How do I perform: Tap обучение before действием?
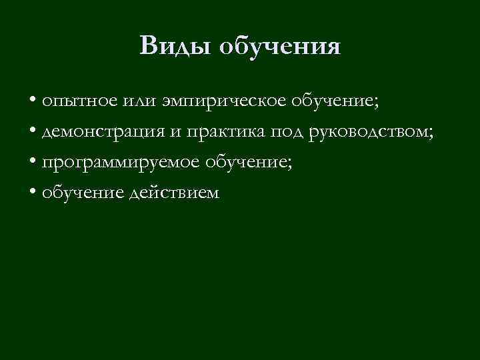pyautogui.click(x=81, y=193)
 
